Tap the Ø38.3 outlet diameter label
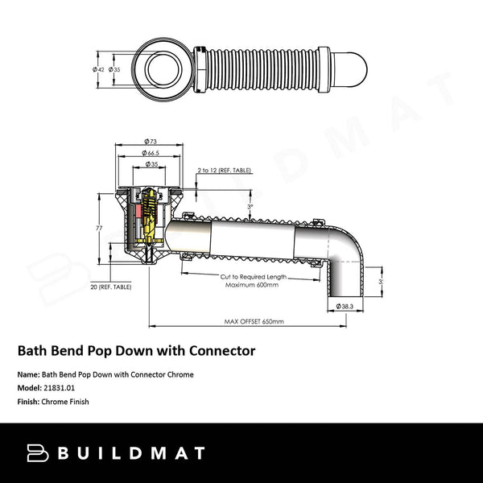344,306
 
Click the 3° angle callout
250,207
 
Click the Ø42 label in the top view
97,69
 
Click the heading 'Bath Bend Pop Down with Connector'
137,351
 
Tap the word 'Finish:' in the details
29,401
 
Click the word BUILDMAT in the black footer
132,453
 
